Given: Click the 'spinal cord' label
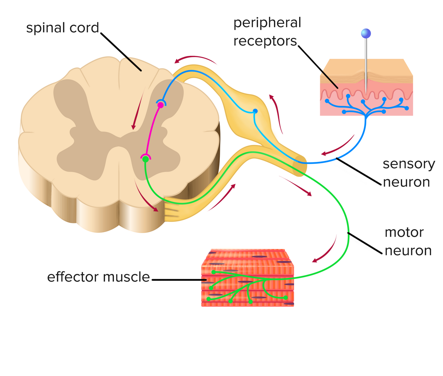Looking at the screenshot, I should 62,28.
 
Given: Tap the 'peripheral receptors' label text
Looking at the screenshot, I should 267,32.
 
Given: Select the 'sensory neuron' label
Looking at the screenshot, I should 408,173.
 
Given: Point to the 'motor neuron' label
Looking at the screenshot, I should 408,241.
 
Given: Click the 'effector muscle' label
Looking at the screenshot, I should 98,277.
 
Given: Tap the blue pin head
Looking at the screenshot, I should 366,33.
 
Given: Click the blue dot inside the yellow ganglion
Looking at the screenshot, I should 255,111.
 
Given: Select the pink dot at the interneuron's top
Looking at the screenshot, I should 160,105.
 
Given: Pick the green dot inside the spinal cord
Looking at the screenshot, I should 145,159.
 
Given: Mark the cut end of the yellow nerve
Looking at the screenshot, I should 300,165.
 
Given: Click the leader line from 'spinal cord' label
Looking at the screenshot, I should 121,52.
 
